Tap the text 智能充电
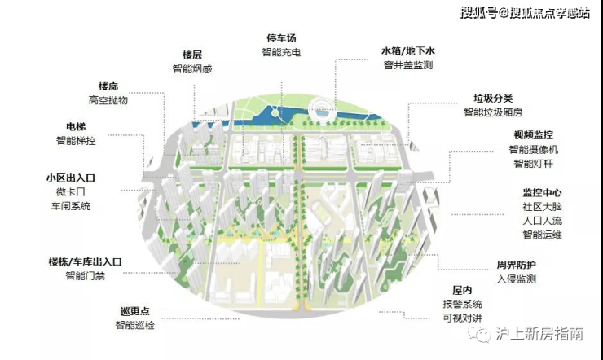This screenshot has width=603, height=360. click(282, 53)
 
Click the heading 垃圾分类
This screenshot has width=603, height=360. click(487, 98)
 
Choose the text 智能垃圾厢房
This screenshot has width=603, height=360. click(491, 112)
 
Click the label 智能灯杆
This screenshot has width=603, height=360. click(534, 164)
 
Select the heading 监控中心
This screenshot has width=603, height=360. click(542, 193)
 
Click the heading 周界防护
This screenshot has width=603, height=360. click(517, 265)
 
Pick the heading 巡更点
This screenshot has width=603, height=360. click(135, 311)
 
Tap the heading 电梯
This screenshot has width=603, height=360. click(76, 126)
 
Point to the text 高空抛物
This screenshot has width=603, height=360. click(108, 100)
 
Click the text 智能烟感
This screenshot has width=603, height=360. click(192, 68)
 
